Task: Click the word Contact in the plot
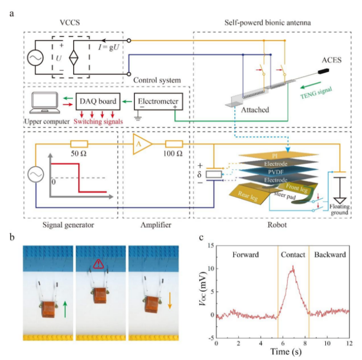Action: pos(293,254)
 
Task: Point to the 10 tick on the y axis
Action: pos(211,268)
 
